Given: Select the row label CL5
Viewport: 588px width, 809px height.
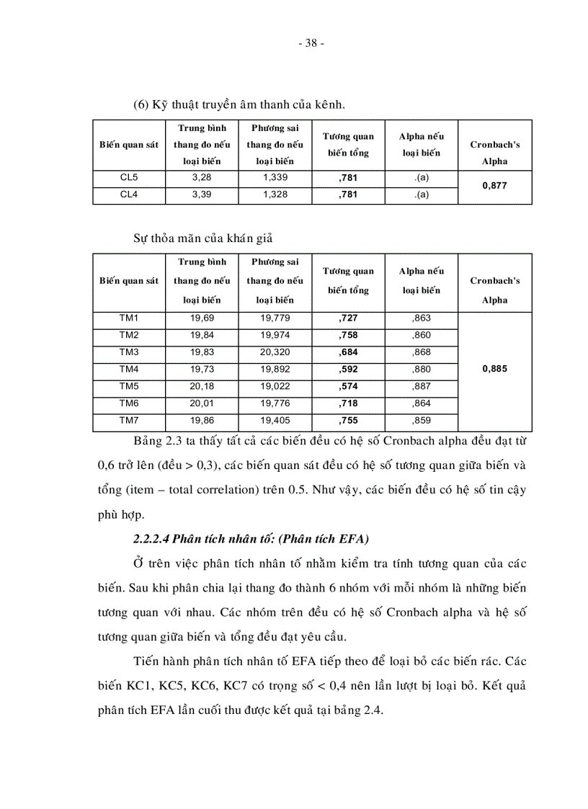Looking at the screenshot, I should [x=129, y=178].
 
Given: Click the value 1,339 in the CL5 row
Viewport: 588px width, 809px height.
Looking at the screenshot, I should [x=274, y=178].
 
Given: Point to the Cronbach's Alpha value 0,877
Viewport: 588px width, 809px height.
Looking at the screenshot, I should [x=494, y=186].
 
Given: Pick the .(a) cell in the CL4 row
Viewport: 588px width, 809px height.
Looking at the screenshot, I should [x=422, y=195].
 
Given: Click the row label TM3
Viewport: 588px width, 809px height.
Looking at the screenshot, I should [x=129, y=352].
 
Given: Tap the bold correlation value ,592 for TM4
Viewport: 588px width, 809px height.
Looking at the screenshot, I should [x=347, y=369].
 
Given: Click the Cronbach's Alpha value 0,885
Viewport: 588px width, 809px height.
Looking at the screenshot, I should [x=494, y=368].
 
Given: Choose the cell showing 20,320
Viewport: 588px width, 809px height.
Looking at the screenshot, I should [x=274, y=352].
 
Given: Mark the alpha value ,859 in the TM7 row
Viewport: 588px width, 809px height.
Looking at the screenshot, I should [x=422, y=419].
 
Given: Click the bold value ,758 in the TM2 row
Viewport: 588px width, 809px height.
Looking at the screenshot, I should [x=347, y=335].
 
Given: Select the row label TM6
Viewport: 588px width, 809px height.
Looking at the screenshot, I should [x=129, y=403].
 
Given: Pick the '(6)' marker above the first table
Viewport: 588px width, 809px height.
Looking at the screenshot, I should [x=141, y=104].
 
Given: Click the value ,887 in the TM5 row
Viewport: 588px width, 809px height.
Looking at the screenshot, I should [x=422, y=385].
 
